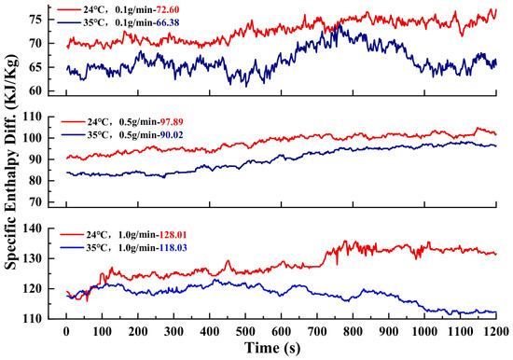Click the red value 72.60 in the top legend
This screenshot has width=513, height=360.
click(168, 10)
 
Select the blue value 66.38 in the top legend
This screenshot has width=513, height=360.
click(168, 22)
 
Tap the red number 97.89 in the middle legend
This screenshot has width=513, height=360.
click(172, 122)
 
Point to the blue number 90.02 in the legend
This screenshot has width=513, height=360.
click(172, 135)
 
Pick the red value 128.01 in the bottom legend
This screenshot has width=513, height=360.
click(173, 235)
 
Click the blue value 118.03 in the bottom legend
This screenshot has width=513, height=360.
click(173, 248)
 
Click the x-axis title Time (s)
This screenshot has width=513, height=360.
click(272, 348)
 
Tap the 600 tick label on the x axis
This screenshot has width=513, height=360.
click(281, 331)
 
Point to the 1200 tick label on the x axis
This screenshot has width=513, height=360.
click(496, 331)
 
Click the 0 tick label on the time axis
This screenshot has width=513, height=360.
click(66, 331)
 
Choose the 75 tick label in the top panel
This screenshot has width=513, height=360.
click(36, 20)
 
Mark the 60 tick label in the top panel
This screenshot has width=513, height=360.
click(36, 90)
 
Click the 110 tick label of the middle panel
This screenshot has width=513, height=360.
click(34, 117)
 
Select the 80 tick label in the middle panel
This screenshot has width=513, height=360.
click(36, 181)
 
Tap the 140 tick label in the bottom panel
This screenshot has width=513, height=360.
click(34, 228)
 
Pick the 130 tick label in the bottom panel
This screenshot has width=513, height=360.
click(34, 258)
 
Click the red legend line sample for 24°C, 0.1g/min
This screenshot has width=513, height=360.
click(69, 10)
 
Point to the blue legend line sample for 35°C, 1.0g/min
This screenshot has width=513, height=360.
click(72, 248)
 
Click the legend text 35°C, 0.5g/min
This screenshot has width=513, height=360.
click(122, 135)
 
